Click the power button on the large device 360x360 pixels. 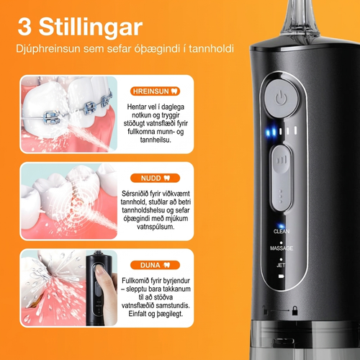(281, 99)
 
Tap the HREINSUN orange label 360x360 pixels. (155, 91)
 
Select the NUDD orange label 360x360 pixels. (155, 178)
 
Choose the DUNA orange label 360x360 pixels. (155, 265)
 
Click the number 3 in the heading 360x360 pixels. (24, 27)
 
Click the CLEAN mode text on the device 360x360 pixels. (282, 231)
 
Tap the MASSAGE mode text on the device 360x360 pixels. (282, 248)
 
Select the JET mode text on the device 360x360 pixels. (281, 265)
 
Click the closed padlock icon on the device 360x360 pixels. (294, 310)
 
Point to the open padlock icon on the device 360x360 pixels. (265, 310)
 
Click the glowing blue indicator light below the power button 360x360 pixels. (271, 132)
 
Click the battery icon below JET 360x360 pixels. (281, 276)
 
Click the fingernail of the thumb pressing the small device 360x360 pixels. (99, 271)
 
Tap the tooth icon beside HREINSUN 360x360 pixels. (174, 91)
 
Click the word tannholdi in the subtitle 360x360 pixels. (211, 49)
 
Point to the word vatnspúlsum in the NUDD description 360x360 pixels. (156, 227)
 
